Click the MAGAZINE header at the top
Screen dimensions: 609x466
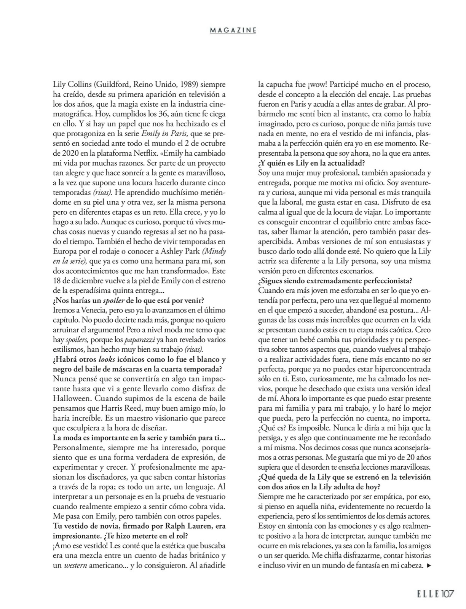[x=233, y=30]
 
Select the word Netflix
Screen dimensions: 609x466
[x=193, y=153]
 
